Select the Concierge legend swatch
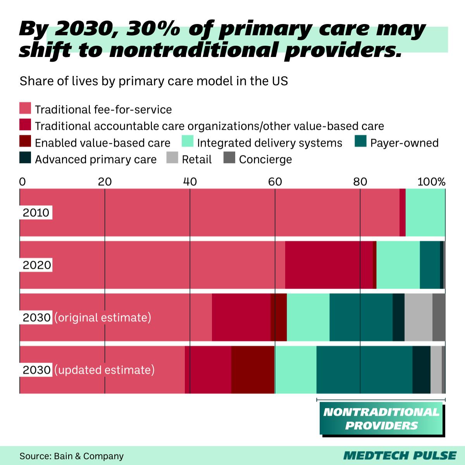[230, 158]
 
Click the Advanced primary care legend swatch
[25, 158]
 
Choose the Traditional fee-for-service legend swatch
[25, 108]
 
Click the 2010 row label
[36, 213]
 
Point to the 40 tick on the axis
[189, 181]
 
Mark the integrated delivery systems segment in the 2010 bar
[425, 212]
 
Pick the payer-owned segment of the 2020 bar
[430, 265]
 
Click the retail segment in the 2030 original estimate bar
[418, 317]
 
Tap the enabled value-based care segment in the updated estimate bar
[253, 369]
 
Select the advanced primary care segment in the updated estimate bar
[421, 369]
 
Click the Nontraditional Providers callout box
[381, 418]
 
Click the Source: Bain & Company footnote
[71, 456]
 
